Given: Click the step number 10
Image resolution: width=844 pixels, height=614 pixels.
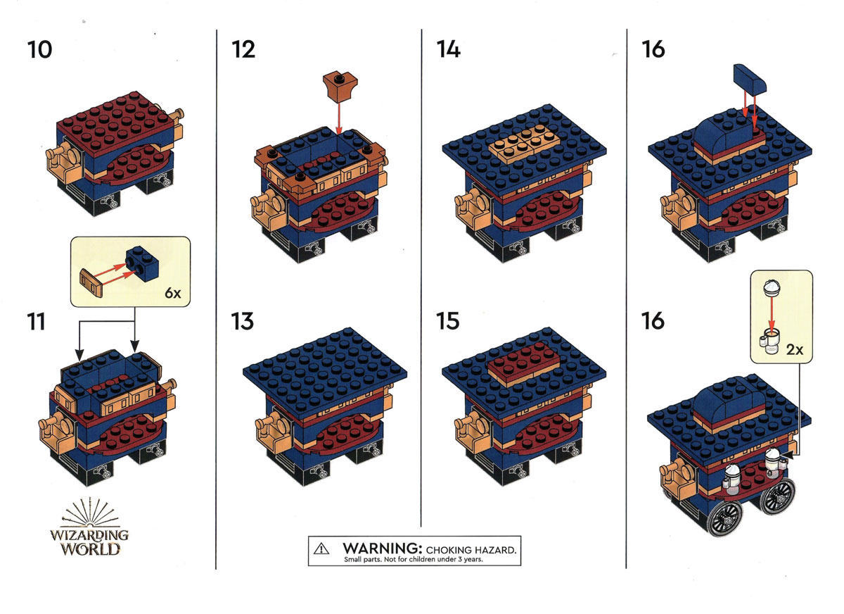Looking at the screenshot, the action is pyautogui.click(x=39, y=50).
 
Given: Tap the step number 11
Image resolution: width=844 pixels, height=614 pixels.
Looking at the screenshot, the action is pyautogui.click(x=36, y=322).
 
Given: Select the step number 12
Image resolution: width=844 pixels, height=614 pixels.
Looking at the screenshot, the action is pyautogui.click(x=243, y=50).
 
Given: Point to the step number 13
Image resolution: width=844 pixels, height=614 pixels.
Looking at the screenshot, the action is pyautogui.click(x=243, y=321).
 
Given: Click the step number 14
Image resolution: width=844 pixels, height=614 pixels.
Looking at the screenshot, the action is pyautogui.click(x=449, y=49).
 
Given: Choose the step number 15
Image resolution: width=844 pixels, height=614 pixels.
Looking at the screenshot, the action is pyautogui.click(x=448, y=321).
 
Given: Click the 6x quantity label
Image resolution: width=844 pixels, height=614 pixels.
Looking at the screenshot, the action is pyautogui.click(x=173, y=293).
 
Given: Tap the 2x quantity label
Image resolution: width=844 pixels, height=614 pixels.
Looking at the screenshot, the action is pyautogui.click(x=795, y=350).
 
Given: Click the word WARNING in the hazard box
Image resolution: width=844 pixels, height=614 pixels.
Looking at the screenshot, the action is pyautogui.click(x=382, y=548).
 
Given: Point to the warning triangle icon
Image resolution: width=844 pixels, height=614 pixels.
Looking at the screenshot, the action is pyautogui.click(x=321, y=549).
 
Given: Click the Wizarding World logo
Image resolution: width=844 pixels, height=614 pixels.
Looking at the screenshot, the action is pyautogui.click(x=89, y=527).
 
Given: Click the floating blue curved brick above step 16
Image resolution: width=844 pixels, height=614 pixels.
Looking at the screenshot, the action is pyautogui.click(x=750, y=80).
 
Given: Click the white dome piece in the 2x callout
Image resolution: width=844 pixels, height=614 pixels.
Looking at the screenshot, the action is pyautogui.click(x=772, y=288).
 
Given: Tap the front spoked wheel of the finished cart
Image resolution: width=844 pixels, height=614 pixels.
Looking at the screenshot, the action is pyautogui.click(x=724, y=518).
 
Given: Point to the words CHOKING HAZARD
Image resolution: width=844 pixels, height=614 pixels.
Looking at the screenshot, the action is pyautogui.click(x=471, y=550).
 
